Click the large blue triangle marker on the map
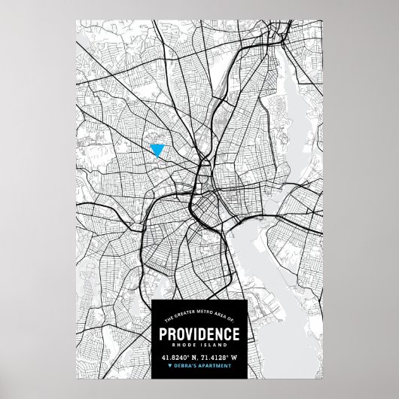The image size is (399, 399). (x=157, y=150)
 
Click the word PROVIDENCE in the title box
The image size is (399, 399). (x=199, y=334)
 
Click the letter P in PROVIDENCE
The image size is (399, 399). (x=163, y=334)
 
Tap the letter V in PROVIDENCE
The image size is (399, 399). (x=190, y=334)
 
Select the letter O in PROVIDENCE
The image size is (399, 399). (x=181, y=334)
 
